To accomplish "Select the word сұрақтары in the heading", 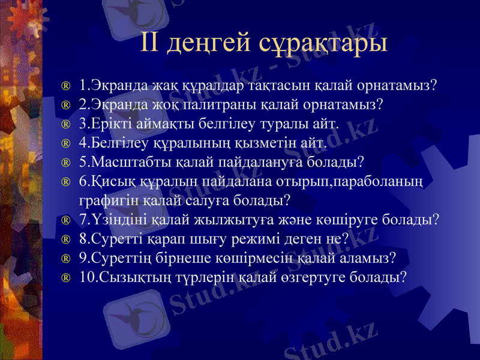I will pyautogui.click(x=323, y=43).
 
